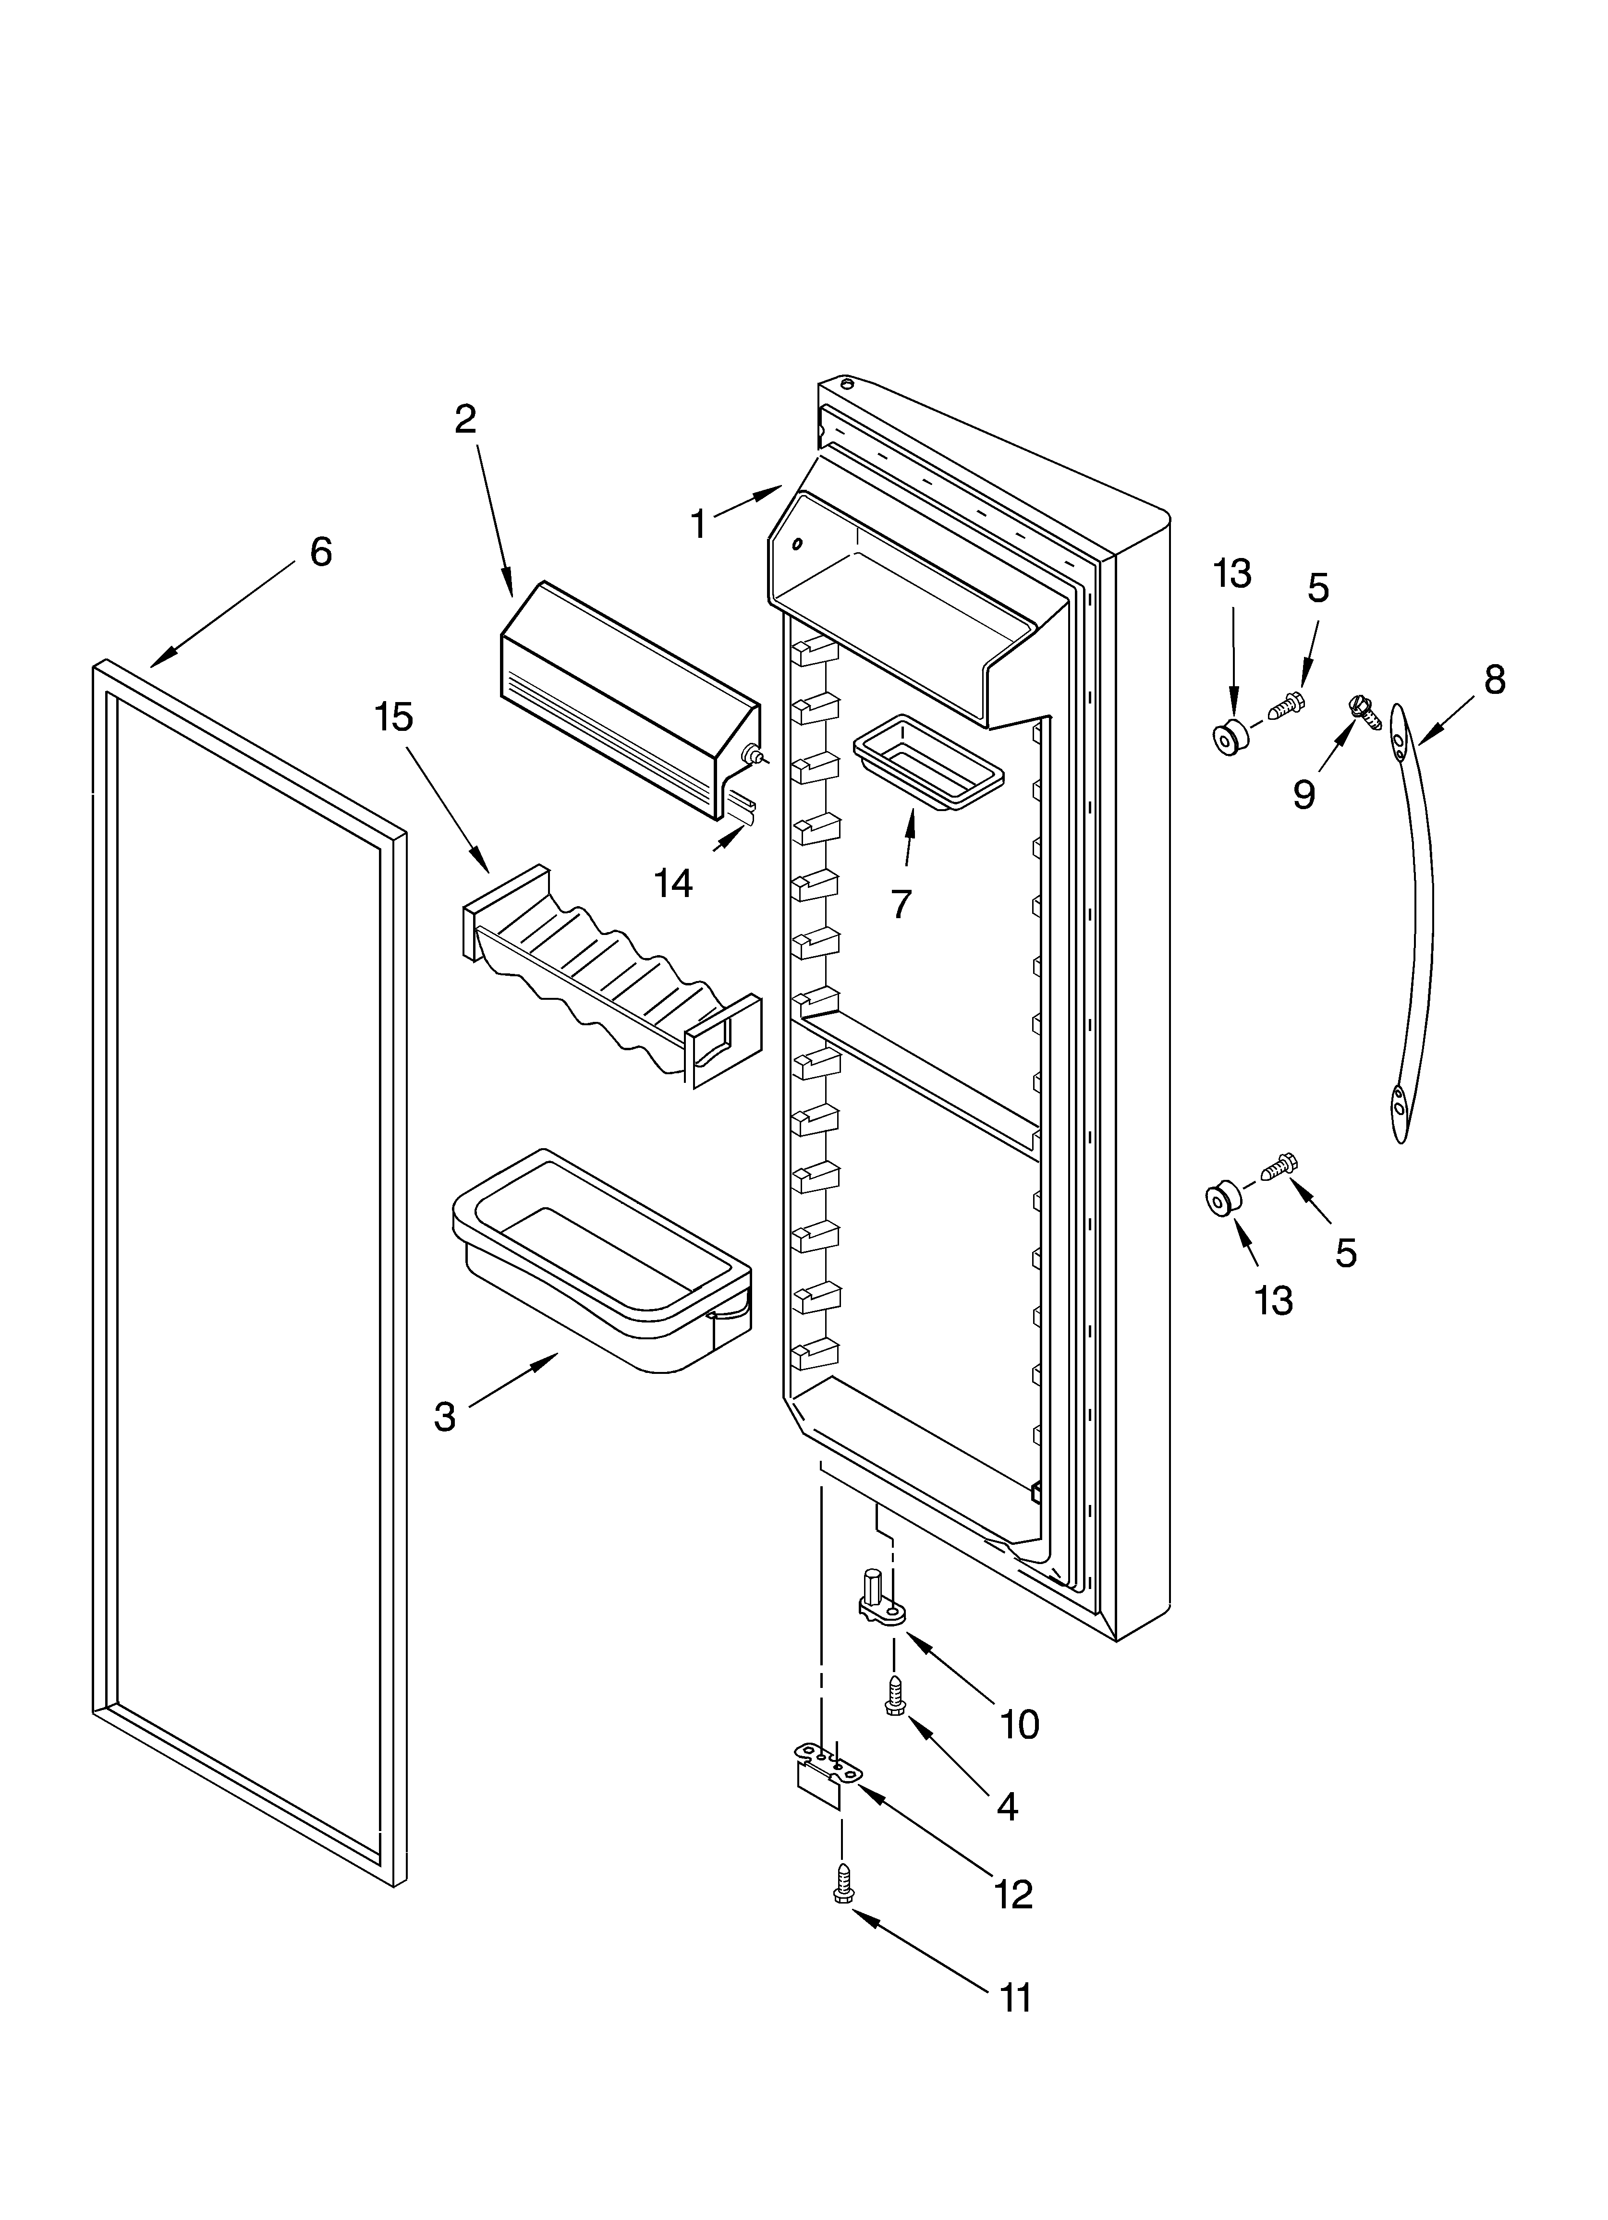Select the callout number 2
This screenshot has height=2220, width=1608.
click(465, 419)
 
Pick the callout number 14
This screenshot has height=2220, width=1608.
click(674, 883)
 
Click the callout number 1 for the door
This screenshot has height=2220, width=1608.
click(697, 525)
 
